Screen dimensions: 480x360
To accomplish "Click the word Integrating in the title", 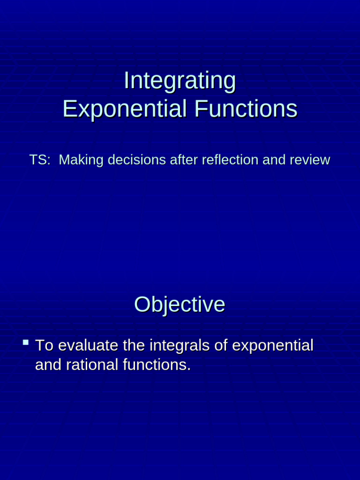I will pyautogui.click(x=180, y=81).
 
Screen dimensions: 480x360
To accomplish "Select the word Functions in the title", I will pyautogui.click(x=246, y=109).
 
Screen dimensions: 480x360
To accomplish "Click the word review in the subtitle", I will pyautogui.click(x=310, y=160).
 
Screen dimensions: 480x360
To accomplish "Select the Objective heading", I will pyautogui.click(x=180, y=305).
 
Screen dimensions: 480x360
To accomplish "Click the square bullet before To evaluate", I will pyautogui.click(x=26, y=344).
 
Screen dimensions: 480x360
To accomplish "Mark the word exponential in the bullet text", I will pyautogui.click(x=273, y=346).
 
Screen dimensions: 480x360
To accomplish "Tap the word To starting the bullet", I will pyautogui.click(x=45, y=346).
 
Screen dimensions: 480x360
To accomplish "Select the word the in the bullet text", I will pyautogui.click(x=134, y=346).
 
